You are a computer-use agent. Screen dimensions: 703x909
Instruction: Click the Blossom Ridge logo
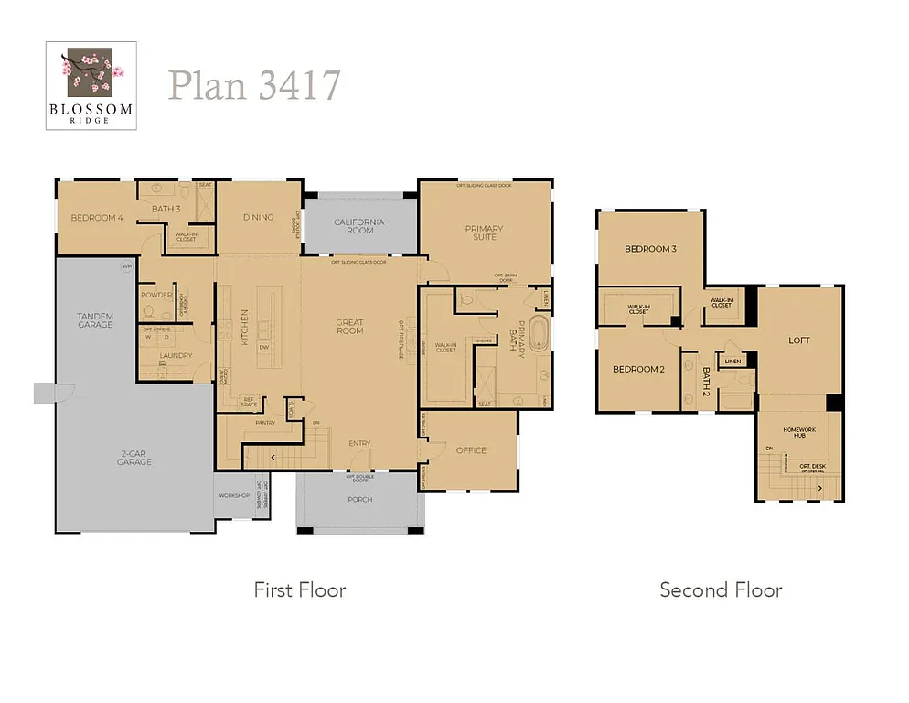(x=91, y=85)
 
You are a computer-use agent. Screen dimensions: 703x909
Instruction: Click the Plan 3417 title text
(x=254, y=85)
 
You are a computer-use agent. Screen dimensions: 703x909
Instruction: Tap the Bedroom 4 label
(x=97, y=218)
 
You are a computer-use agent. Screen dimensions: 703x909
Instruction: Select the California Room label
(x=359, y=226)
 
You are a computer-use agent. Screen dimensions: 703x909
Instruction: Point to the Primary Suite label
(x=485, y=233)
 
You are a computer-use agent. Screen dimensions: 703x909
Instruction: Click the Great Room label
(x=349, y=326)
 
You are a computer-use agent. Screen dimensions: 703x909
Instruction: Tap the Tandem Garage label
(x=95, y=320)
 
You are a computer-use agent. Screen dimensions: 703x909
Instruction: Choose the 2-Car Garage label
(x=134, y=458)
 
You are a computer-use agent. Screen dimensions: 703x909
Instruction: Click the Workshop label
(x=233, y=495)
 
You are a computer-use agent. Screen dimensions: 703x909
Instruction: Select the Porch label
(x=359, y=499)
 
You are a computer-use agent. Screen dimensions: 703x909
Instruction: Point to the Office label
(x=471, y=450)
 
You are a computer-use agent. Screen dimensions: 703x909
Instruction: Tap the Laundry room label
(x=175, y=356)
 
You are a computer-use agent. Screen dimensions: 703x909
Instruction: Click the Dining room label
(x=258, y=218)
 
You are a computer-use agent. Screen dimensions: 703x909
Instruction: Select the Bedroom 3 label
(x=650, y=249)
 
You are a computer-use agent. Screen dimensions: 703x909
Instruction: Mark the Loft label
(x=799, y=341)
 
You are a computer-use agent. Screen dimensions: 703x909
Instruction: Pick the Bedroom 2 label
(x=637, y=369)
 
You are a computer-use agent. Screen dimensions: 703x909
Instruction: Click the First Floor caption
(x=300, y=590)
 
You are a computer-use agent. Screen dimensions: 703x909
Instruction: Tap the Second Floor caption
(x=721, y=590)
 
